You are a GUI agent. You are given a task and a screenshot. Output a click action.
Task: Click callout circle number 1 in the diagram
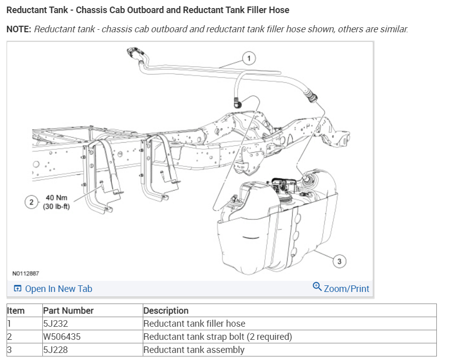(248, 58)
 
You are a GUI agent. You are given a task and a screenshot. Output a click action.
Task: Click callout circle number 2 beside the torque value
(32, 202)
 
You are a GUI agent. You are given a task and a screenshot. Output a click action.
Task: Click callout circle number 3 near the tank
(339, 261)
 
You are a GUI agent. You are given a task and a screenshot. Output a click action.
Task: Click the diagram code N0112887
(26, 274)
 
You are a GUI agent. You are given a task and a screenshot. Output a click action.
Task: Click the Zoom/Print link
(346, 289)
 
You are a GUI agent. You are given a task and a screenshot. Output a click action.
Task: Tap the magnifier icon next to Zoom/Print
(317, 287)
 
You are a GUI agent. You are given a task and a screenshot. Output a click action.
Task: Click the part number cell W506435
(61, 337)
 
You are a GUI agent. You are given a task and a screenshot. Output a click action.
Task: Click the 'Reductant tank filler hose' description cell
(195, 324)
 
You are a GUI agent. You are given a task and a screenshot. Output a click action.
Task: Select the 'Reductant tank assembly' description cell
(194, 350)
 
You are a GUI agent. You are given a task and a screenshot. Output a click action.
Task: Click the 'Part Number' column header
(69, 311)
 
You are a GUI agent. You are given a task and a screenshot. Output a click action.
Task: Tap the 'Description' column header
(166, 311)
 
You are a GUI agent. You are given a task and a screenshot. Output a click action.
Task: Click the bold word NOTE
(18, 29)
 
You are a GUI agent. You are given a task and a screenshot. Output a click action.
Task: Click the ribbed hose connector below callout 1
(310, 94)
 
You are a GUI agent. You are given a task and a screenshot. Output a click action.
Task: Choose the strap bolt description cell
(218, 337)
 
